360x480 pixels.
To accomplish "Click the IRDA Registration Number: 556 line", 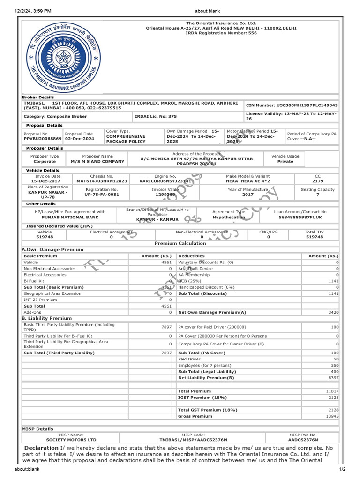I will click(221, 33).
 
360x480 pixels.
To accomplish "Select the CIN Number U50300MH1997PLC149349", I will click(291, 105).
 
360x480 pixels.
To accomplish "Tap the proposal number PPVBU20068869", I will click(43, 139).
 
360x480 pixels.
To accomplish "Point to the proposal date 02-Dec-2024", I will click(80, 139).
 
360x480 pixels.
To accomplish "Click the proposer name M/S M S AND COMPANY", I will click(97, 161).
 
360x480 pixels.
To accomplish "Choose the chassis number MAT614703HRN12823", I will click(102, 180).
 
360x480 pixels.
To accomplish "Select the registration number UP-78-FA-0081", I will click(102, 195).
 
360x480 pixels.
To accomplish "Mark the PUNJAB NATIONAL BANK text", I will click(70, 217).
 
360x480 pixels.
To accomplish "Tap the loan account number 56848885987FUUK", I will click(300, 217).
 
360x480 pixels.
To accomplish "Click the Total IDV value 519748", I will click(314, 237).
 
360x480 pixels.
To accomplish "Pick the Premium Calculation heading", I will click(180, 244).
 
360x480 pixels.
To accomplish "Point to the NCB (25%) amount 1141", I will click(333, 281).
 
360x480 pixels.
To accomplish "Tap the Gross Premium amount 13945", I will click(332, 416).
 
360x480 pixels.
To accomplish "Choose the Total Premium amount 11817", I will click(332, 391).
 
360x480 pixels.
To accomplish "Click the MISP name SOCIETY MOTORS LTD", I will click(71, 440).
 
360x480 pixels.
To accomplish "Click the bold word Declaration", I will click(42, 448).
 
